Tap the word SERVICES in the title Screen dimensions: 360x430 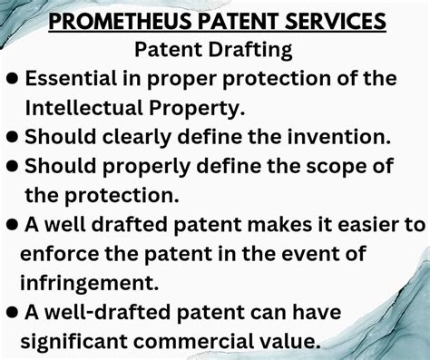(x=334, y=20)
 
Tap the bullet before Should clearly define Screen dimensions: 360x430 (x=12, y=137)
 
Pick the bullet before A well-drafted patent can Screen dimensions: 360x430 (x=12, y=311)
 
